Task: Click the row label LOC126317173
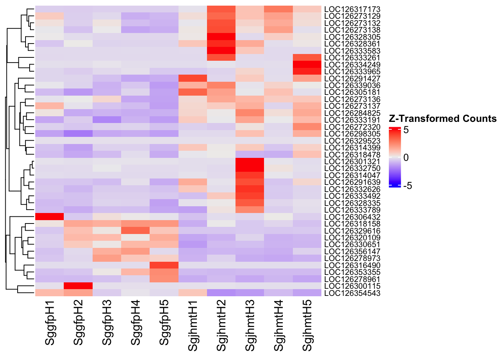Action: pos(352,9)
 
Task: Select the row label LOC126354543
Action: pos(352,293)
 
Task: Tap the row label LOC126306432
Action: pos(352,217)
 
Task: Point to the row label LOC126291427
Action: pos(352,79)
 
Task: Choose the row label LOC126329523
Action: pos(352,141)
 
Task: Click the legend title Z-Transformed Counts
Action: pos(443,119)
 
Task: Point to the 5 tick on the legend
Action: pos(406,130)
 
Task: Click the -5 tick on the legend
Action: pos(407,186)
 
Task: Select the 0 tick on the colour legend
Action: pos(406,158)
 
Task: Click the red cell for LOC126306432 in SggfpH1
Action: pos(49,217)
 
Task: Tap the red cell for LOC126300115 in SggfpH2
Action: pos(78,286)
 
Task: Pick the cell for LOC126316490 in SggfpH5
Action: pos(164,265)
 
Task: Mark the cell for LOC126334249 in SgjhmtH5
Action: pos(307,65)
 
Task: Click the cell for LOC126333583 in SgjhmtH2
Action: pos(221,51)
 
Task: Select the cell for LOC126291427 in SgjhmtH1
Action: pos(193,79)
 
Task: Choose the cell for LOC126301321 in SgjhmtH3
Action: pos(250,162)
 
